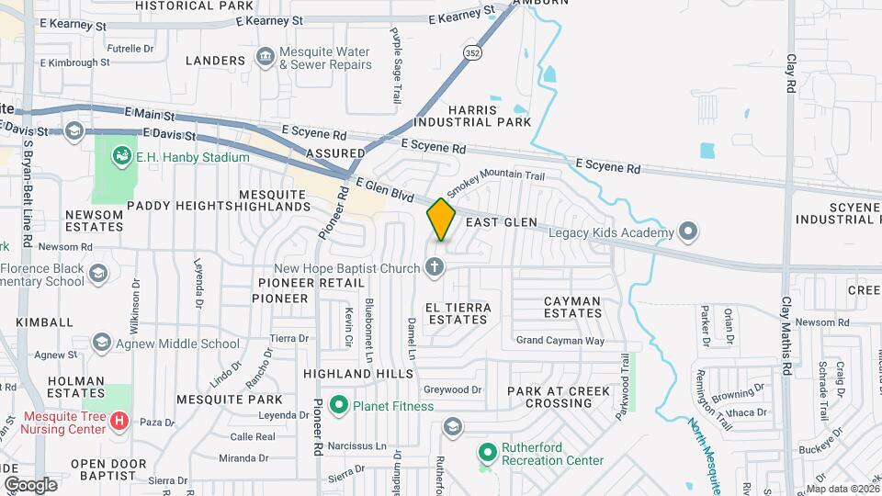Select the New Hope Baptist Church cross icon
pyautogui.click(x=435, y=268)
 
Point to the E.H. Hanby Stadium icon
pyautogui.click(x=121, y=157)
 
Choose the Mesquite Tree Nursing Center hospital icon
pyautogui.click(x=119, y=422)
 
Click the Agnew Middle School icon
pyautogui.click(x=102, y=344)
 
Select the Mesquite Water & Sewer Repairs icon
pyautogui.click(x=265, y=58)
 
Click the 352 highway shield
pyautogui.click(x=472, y=53)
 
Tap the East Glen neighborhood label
pyautogui.click(x=501, y=223)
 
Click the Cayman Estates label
pyautogui.click(x=572, y=307)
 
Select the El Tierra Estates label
pyautogui.click(x=458, y=313)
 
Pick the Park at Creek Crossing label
pyautogui.click(x=559, y=397)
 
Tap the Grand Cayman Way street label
pyautogui.click(x=560, y=341)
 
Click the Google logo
pyautogui.click(x=30, y=484)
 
